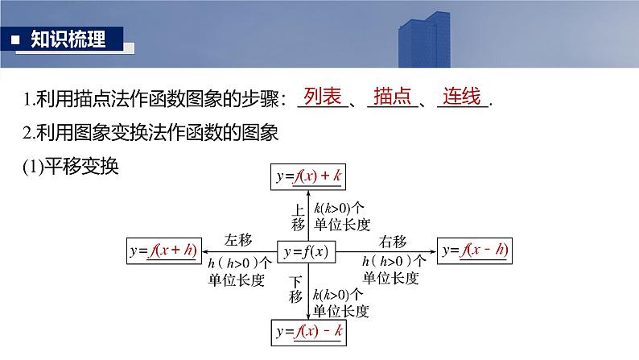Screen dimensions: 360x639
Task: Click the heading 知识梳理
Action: [x=68, y=39]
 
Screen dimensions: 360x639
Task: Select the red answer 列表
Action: [x=319, y=98]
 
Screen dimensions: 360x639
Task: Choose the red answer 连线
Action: [x=461, y=98]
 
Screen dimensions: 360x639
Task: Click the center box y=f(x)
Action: [x=306, y=253]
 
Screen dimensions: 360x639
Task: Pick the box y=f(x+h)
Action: [x=164, y=251]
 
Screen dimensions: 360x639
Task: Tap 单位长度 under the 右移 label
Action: [x=390, y=278]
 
